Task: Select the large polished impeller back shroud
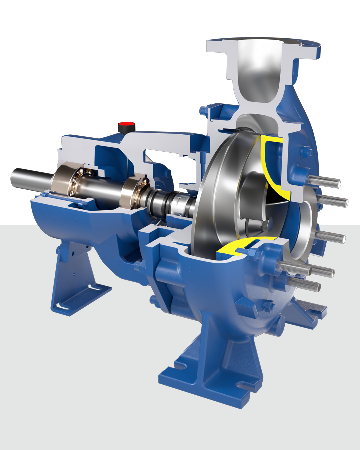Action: coord(220,187)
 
